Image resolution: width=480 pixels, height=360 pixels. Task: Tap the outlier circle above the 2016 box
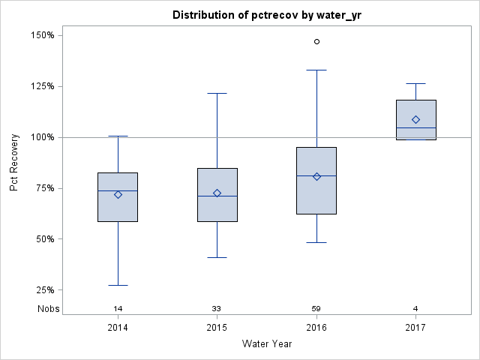[x=316, y=41]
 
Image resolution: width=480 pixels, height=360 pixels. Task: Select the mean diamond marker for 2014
[x=118, y=194]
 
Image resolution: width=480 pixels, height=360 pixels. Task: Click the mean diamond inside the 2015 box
[x=217, y=193]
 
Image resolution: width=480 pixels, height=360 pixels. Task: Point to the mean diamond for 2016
[x=316, y=176]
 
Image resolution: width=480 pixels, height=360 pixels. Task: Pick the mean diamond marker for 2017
[x=415, y=119]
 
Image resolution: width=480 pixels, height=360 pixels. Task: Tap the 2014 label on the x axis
[x=118, y=328]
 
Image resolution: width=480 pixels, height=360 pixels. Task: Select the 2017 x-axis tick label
[x=415, y=328]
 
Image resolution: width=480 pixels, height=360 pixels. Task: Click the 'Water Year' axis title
[x=266, y=344]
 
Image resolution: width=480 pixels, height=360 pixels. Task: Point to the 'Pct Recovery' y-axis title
[x=14, y=163]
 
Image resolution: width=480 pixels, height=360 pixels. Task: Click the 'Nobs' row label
[x=48, y=308]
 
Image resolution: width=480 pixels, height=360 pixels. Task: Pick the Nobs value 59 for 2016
[x=316, y=308]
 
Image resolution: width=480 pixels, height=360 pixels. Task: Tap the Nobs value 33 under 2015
[x=217, y=308]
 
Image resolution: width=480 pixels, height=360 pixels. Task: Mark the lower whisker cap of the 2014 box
[x=118, y=285]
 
